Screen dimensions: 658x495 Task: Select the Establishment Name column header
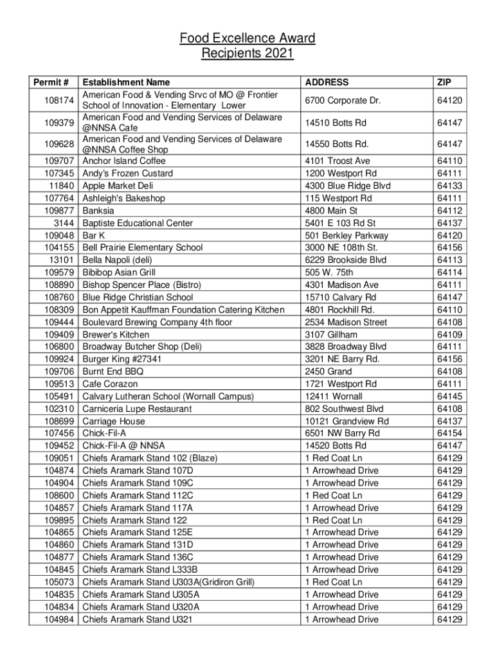pyautogui.click(x=126, y=82)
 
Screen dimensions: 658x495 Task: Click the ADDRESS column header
pyautogui.click(x=327, y=82)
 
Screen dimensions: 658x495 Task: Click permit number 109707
pyautogui.click(x=60, y=161)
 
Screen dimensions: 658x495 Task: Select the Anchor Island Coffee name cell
pyautogui.click(x=124, y=161)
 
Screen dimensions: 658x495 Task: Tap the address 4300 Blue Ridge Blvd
pyautogui.click(x=348, y=186)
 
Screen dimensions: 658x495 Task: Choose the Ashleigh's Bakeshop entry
pyautogui.click(x=123, y=198)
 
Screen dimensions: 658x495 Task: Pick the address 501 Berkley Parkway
pyautogui.click(x=346, y=235)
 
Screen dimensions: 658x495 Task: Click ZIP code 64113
pyautogui.click(x=449, y=260)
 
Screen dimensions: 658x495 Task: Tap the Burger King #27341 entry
pyautogui.click(x=122, y=359)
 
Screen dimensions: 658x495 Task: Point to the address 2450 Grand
pyautogui.click(x=328, y=371)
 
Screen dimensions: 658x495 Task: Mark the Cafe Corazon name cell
pyautogui.click(x=110, y=384)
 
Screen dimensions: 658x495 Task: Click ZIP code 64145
pyautogui.click(x=449, y=396)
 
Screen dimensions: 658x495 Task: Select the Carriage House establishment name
pyautogui.click(x=114, y=421)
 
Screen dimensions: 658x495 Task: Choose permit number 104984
pyautogui.click(x=60, y=619)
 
